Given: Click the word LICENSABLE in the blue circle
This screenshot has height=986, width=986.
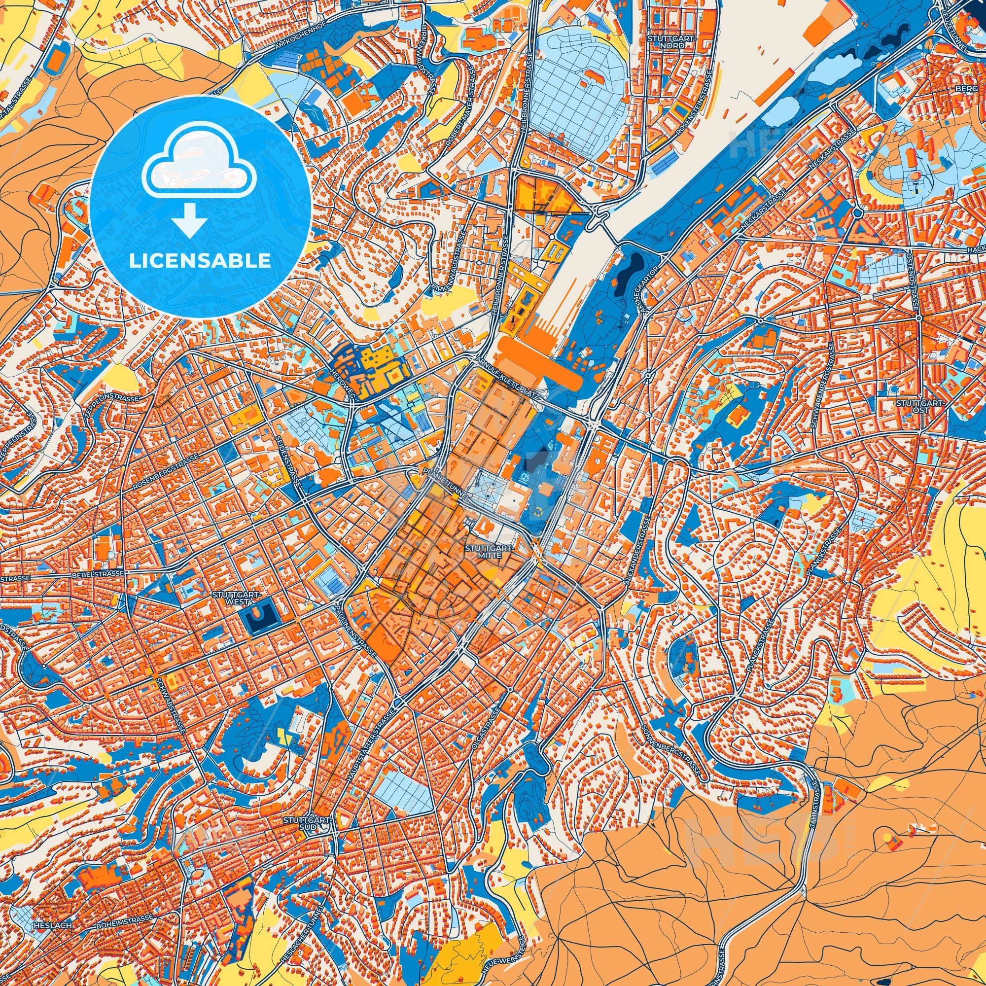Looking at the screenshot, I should (200, 261).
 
